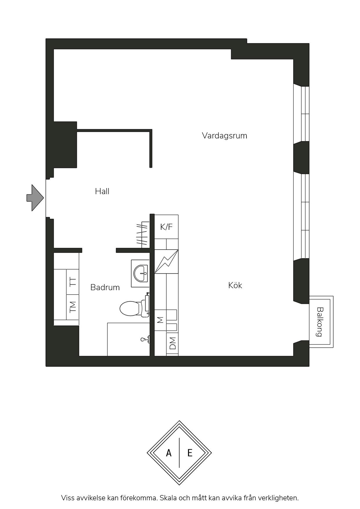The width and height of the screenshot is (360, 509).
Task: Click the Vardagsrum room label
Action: tap(224, 136)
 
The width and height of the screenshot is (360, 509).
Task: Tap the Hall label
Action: tap(102, 191)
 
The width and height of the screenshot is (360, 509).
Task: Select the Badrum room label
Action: tap(105, 287)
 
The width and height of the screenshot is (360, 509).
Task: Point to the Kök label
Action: tap(235, 285)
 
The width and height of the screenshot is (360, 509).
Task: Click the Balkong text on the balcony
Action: tap(320, 322)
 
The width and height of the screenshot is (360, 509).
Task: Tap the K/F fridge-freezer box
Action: tap(166, 227)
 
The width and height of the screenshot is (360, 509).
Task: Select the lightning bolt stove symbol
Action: tap(166, 261)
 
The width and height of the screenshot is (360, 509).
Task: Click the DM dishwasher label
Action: tap(172, 343)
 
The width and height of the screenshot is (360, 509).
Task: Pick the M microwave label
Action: tap(160, 320)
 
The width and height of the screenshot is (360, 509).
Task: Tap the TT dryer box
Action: tap(73, 282)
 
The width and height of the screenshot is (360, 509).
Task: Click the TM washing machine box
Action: tap(73, 307)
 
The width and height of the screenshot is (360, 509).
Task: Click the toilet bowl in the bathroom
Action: tap(131, 308)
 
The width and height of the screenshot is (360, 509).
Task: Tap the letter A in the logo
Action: tap(169, 453)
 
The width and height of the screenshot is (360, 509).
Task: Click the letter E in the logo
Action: tap(190, 453)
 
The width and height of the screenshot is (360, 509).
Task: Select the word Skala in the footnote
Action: tap(168, 498)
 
